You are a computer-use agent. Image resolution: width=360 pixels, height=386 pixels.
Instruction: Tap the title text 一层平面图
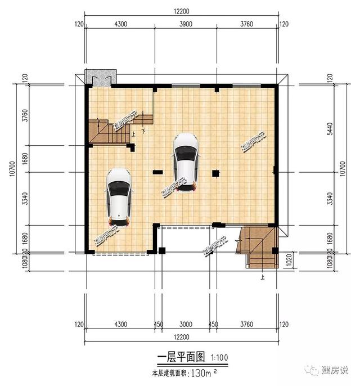[178, 357]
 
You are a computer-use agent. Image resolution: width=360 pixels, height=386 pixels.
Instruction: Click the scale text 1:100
[219, 358]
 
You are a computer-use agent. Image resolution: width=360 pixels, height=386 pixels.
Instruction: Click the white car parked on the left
[119, 195]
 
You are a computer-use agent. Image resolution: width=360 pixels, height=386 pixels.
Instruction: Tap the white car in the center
[185, 162]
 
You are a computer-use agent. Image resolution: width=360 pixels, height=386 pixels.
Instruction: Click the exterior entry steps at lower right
[259, 248]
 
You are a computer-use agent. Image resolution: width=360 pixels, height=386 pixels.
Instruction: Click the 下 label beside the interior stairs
[144, 132]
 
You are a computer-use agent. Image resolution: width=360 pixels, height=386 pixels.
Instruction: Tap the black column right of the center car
[215, 173]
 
